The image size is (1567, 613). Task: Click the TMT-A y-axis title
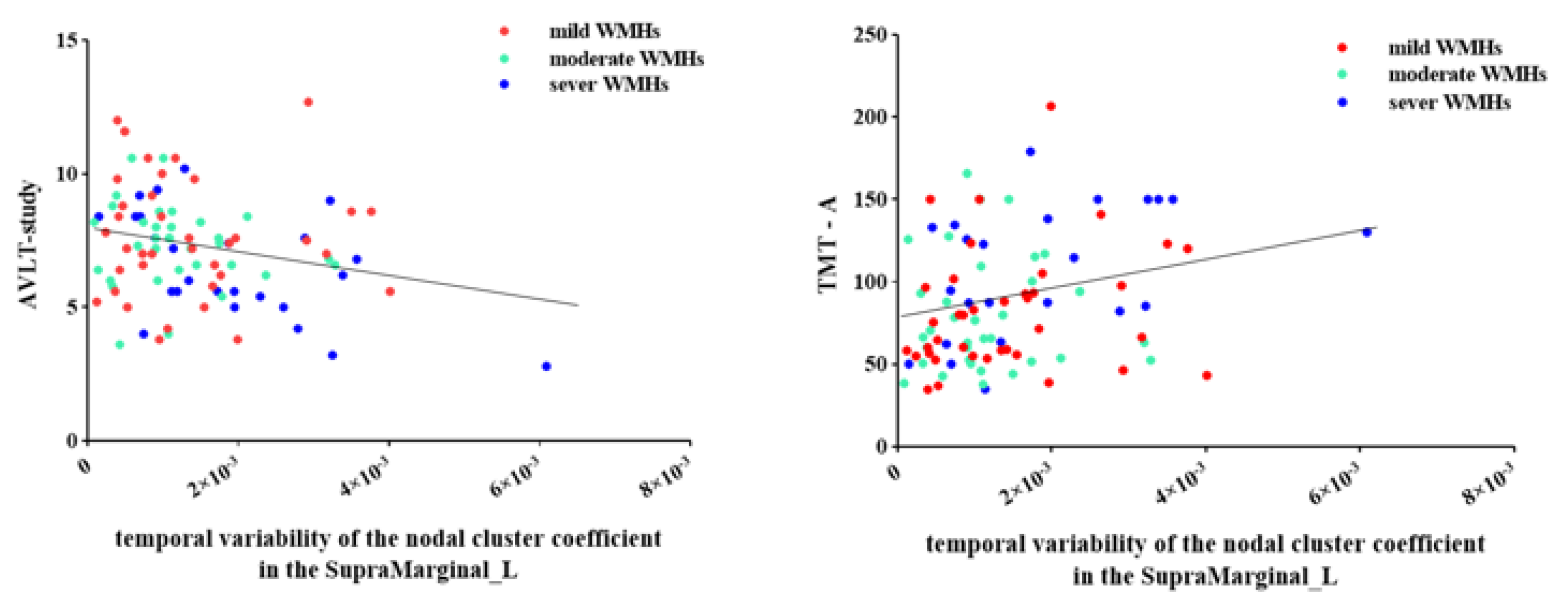pyautogui.click(x=828, y=244)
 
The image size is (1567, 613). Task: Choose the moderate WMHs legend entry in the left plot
pyautogui.click(x=625, y=59)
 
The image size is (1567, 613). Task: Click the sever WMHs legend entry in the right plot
pyautogui.click(x=1448, y=102)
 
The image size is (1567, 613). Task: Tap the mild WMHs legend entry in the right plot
pyautogui.click(x=1444, y=48)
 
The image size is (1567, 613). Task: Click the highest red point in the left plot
pyautogui.click(x=308, y=102)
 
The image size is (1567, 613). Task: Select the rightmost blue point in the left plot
pyautogui.click(x=546, y=366)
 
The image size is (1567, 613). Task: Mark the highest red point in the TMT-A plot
pyautogui.click(x=1050, y=107)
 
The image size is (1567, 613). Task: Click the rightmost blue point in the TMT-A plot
pyautogui.click(x=1367, y=232)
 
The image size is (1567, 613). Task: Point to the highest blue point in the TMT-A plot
pyautogui.click(x=1030, y=151)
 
